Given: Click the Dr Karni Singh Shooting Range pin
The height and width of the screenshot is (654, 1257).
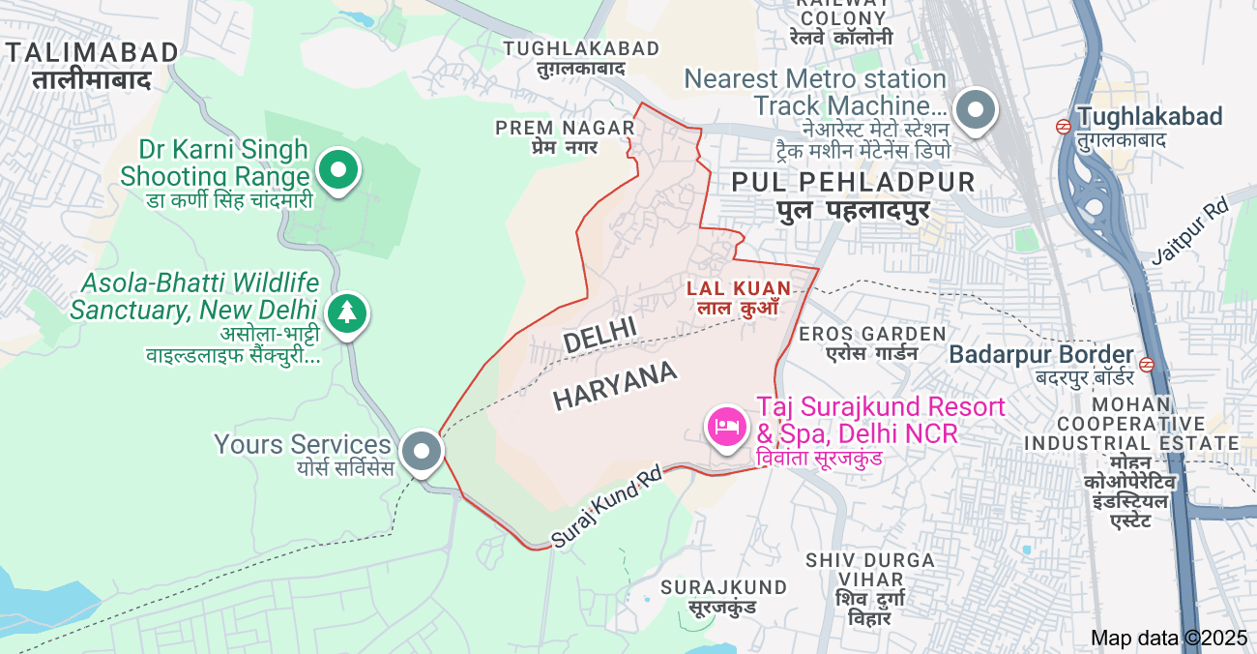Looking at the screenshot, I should pos(338,172).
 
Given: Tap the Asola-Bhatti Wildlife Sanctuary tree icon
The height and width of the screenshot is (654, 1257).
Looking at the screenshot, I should pos(347,312).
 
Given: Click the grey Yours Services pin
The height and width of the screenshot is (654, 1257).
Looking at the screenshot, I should pos(422,451).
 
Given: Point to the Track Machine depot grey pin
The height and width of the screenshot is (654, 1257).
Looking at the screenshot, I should pos(977,109).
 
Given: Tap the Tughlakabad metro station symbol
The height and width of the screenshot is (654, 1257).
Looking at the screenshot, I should pos(1063,125).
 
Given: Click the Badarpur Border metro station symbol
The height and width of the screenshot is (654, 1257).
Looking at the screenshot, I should pos(1147,364).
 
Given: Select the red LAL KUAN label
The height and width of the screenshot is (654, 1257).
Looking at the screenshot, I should pos(739,288).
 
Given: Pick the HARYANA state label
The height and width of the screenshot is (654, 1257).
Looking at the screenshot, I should pos(615,387).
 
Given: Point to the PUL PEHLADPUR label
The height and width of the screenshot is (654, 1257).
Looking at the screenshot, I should pos(854,182).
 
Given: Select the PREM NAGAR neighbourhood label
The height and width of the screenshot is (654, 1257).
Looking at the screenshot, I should pos(566,128).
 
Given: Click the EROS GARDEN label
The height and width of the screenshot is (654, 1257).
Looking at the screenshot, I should pos(872,334).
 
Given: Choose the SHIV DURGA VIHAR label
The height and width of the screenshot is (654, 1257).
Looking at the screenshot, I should pos(870,560).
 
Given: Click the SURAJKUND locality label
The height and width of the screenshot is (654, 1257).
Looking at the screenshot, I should pos(724,587).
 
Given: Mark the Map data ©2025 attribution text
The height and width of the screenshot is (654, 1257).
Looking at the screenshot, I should pos(1169,638).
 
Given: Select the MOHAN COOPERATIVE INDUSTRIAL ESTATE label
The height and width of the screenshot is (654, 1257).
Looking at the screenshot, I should pos(1129,423).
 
